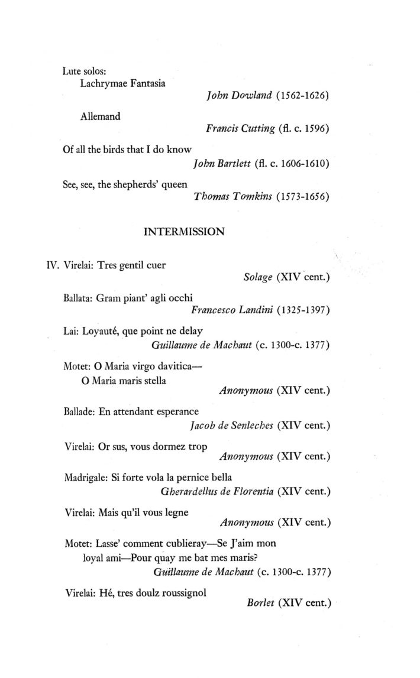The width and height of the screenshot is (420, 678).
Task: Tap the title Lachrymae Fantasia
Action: (122, 83)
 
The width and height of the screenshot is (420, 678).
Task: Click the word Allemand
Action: (100, 116)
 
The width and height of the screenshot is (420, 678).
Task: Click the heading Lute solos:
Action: (83, 71)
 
